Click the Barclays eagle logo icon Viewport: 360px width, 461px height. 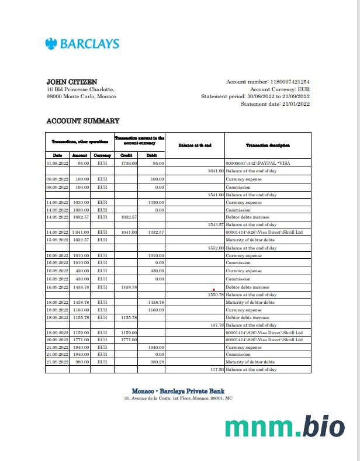pos(51,44)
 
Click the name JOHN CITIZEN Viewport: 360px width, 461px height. pos(72,82)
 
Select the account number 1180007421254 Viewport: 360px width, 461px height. pos(289,82)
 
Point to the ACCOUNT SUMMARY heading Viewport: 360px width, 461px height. pos(82,121)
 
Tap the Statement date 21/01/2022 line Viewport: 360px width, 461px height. pos(275,104)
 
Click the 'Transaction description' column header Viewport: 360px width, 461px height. pos(268,145)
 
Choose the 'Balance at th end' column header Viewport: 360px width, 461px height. pos(195,145)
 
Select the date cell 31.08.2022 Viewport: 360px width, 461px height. pos(57,164)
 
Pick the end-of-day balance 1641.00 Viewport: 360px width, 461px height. pos(216,171)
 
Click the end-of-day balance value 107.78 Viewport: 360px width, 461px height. pos(217,325)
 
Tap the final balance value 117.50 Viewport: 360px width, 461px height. pos(217,370)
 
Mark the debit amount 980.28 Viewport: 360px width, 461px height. pos(155,362)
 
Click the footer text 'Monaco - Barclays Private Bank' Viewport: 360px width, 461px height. pos(178,391)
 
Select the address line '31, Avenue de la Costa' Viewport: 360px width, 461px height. pos(178,398)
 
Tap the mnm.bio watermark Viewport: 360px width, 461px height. pos(284,427)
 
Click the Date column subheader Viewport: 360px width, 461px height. pos(57,155)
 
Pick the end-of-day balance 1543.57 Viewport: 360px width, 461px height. pos(216,224)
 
